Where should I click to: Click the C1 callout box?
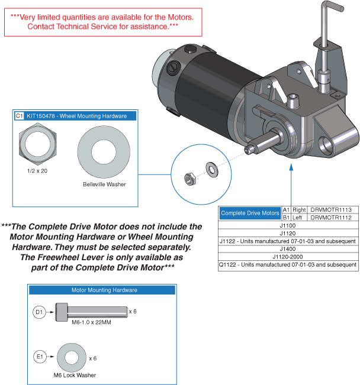pos(20,116)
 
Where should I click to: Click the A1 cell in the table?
pos(286,210)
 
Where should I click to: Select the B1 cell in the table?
pos(286,218)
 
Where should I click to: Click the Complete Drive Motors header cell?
pos(249,213)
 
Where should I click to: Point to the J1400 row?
pos(287,249)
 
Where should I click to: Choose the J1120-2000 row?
pos(287,257)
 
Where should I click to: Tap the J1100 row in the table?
pos(287,225)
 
